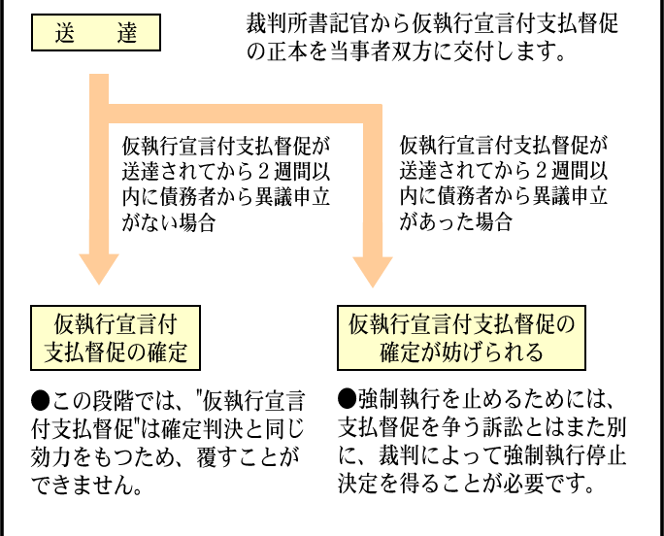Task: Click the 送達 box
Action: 96,33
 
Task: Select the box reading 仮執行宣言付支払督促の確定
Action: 116,338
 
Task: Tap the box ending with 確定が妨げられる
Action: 461,338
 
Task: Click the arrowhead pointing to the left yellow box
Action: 99,269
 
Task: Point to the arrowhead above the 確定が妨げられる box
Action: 373,272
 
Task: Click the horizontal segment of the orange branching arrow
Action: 246,114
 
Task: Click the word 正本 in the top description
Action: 287,52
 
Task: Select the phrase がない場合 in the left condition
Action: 169,222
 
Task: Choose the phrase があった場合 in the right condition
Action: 456,221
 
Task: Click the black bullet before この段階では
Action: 41,400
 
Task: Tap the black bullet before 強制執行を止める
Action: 348,399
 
